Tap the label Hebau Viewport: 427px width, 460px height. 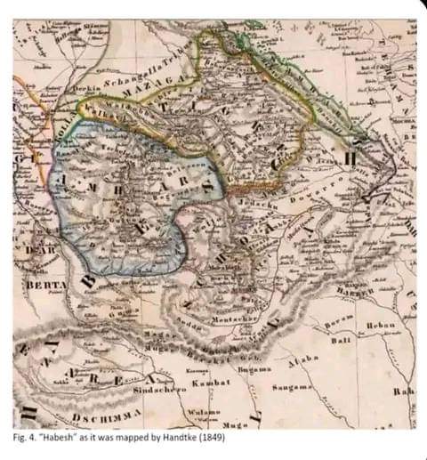coord(382,327)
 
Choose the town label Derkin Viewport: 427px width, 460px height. coord(86,91)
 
